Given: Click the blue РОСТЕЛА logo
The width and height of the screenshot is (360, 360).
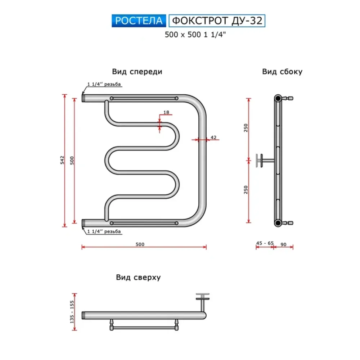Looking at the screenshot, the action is pyautogui.click(x=139, y=21).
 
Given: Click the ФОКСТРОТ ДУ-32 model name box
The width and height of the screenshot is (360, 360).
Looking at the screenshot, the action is pyautogui.click(x=217, y=21).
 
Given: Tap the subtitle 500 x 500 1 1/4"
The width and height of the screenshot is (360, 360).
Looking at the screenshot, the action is pyautogui.click(x=195, y=35).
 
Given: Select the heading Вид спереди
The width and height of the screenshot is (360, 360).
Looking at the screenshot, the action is pyautogui.click(x=137, y=72).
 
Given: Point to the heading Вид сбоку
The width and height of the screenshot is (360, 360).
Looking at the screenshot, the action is pyautogui.click(x=282, y=72).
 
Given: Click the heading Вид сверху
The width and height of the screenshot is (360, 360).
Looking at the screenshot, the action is pyautogui.click(x=138, y=277).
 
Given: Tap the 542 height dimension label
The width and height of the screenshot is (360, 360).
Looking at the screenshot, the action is pyautogui.click(x=62, y=160).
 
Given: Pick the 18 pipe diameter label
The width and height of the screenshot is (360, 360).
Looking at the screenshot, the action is pyautogui.click(x=166, y=112).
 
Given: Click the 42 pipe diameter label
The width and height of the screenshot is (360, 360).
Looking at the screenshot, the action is pyautogui.click(x=213, y=137).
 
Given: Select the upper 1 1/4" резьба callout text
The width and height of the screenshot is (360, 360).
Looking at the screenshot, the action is pyautogui.click(x=104, y=84).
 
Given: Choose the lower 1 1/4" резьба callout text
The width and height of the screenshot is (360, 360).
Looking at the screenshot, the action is pyautogui.click(x=104, y=231).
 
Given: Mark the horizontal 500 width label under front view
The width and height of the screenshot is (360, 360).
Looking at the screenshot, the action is pyautogui.click(x=140, y=244).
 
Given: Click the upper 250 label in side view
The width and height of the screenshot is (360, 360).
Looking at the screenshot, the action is pyautogui.click(x=246, y=128).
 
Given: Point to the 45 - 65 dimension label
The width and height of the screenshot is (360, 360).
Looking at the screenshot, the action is pyautogui.click(x=265, y=243).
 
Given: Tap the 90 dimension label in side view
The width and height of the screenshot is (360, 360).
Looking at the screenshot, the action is pyautogui.click(x=284, y=244).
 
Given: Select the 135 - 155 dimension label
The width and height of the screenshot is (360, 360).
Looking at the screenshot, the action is pyautogui.click(x=72, y=312).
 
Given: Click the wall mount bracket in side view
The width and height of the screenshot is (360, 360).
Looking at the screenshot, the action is pyautogui.click(x=264, y=161).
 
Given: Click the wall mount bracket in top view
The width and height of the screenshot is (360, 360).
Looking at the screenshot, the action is pyautogui.click(x=202, y=301).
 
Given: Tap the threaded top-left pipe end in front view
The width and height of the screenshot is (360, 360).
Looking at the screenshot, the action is pyautogui.click(x=84, y=98).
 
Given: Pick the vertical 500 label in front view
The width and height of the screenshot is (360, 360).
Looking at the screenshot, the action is pyautogui.click(x=72, y=160).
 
